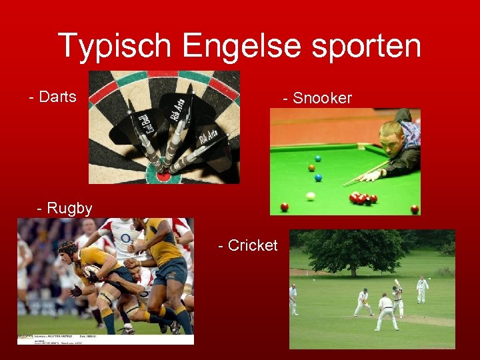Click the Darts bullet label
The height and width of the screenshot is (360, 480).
(53, 97)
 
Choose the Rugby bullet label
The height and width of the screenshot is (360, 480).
(65, 209)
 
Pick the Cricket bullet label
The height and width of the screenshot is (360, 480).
(248, 246)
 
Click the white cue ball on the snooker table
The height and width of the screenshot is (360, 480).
(310, 196)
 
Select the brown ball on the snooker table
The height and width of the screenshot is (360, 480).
(311, 168)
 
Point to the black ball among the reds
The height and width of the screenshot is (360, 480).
(367, 201)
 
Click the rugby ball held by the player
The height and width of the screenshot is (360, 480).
(91, 273)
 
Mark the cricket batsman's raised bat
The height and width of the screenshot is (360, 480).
(397, 285)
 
